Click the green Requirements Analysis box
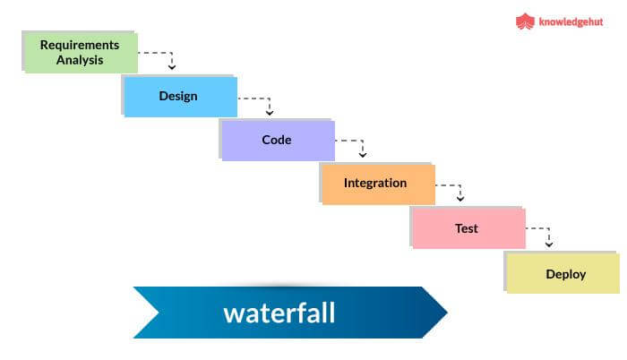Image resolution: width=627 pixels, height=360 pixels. tap(79, 52)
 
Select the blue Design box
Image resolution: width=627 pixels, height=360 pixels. tap(179, 97)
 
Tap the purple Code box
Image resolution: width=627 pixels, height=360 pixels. tap(277, 140)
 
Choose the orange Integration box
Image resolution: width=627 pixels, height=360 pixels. tap(376, 184)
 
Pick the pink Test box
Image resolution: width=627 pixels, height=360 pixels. tap(467, 228)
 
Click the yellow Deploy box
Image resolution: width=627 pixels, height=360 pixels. tap(564, 274)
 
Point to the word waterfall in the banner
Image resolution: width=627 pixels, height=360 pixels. tap(279, 313)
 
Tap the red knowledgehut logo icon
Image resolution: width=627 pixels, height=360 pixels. tap(525, 21)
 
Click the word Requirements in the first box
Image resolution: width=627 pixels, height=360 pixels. tap(80, 44)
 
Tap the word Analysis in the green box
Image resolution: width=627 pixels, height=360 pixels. tap(79, 61)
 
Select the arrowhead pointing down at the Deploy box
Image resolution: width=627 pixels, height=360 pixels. tap(549, 244)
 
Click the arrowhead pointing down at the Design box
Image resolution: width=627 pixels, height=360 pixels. tap(171, 66)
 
